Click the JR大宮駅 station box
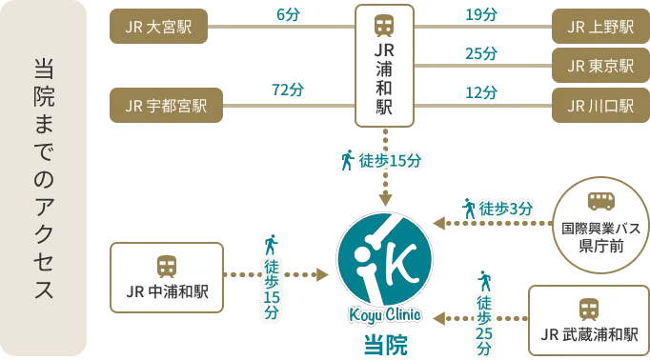pos(158,27)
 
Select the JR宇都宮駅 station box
pos(165,106)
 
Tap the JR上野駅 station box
pos(599,27)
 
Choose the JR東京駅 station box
pos(599,66)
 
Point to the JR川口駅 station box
pos(599,106)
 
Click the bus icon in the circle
pos(600,200)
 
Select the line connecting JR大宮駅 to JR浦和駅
pos(286,27)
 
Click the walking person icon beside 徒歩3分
pos(468,209)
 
